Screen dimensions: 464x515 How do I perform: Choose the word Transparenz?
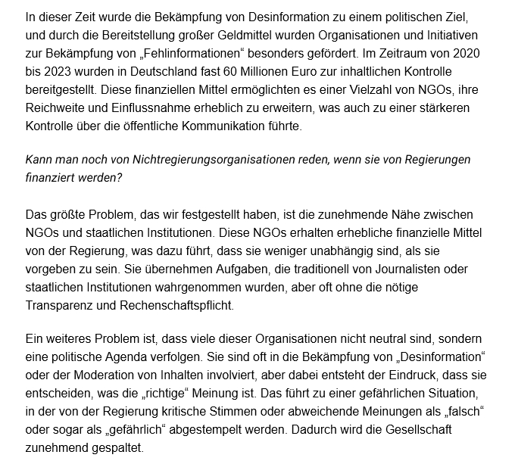(61, 304)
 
